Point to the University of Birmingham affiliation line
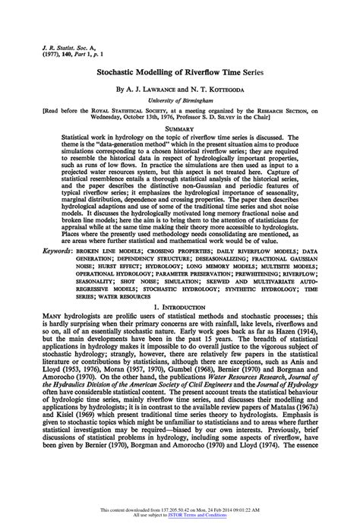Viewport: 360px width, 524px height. coord(180,99)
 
